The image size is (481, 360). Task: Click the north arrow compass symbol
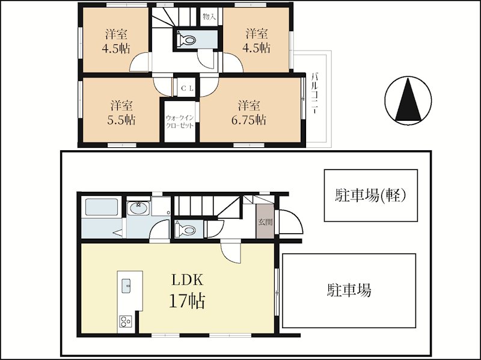(x=408, y=100)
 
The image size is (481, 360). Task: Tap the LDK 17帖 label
(x=187, y=290)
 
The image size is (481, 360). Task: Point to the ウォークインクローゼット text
(x=180, y=122)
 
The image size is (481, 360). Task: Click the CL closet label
(x=187, y=88)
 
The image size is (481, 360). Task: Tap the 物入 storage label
(x=209, y=17)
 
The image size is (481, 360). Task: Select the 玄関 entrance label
(x=265, y=222)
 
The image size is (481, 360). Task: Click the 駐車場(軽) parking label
(x=370, y=195)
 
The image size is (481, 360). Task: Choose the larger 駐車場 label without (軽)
(x=349, y=290)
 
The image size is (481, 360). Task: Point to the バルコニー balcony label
(x=314, y=93)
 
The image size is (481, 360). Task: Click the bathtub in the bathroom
(x=102, y=207)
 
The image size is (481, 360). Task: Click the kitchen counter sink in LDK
(x=126, y=285)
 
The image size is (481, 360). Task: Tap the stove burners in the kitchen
(x=126, y=322)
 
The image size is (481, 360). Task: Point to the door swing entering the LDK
(x=231, y=252)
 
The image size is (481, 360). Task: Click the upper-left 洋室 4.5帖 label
(x=116, y=41)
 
